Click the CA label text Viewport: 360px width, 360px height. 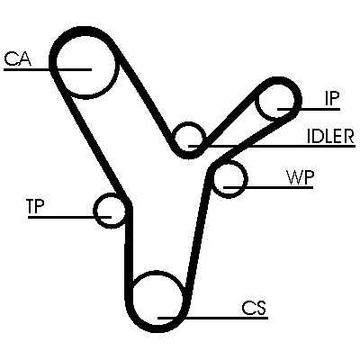[x=18, y=58]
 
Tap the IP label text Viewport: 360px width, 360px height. [x=331, y=98]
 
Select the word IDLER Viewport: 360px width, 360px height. [x=331, y=137]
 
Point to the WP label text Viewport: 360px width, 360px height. [x=300, y=177]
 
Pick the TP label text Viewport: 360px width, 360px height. [x=36, y=206]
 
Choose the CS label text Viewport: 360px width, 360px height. [x=254, y=308]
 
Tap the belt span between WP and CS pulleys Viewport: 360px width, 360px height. [x=198, y=237]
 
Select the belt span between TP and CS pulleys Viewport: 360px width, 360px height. [x=128, y=249]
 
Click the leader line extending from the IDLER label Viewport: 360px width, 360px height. [x=272, y=147]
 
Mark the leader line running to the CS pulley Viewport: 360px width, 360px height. [x=212, y=318]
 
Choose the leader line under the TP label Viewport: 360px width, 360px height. [x=69, y=217]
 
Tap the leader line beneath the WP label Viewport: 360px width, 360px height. [x=268, y=187]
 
